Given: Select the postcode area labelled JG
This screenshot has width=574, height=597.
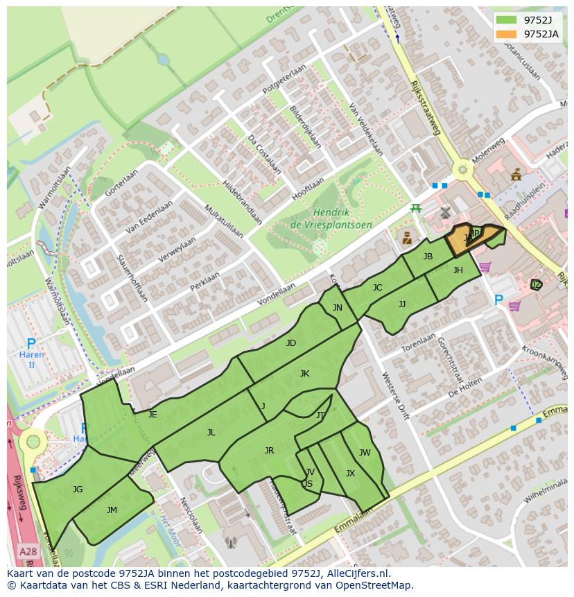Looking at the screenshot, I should (77, 489).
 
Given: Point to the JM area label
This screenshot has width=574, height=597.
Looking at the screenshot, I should (112, 510).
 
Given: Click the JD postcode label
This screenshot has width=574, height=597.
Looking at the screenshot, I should (291, 343).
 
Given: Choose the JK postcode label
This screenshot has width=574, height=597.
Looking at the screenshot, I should (304, 373).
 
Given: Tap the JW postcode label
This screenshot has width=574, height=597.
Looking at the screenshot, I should (365, 453).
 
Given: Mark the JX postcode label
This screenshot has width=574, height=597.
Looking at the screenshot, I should (350, 474).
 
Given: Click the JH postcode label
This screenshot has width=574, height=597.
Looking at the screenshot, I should (458, 270).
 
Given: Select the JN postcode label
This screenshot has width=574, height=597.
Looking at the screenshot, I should (337, 307).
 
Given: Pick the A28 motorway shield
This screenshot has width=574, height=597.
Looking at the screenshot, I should (28, 551).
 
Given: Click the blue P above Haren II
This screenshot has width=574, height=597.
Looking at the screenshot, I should (31, 343).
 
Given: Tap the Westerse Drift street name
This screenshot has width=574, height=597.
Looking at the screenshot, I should (396, 396).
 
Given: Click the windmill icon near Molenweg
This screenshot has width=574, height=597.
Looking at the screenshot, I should (445, 213).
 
